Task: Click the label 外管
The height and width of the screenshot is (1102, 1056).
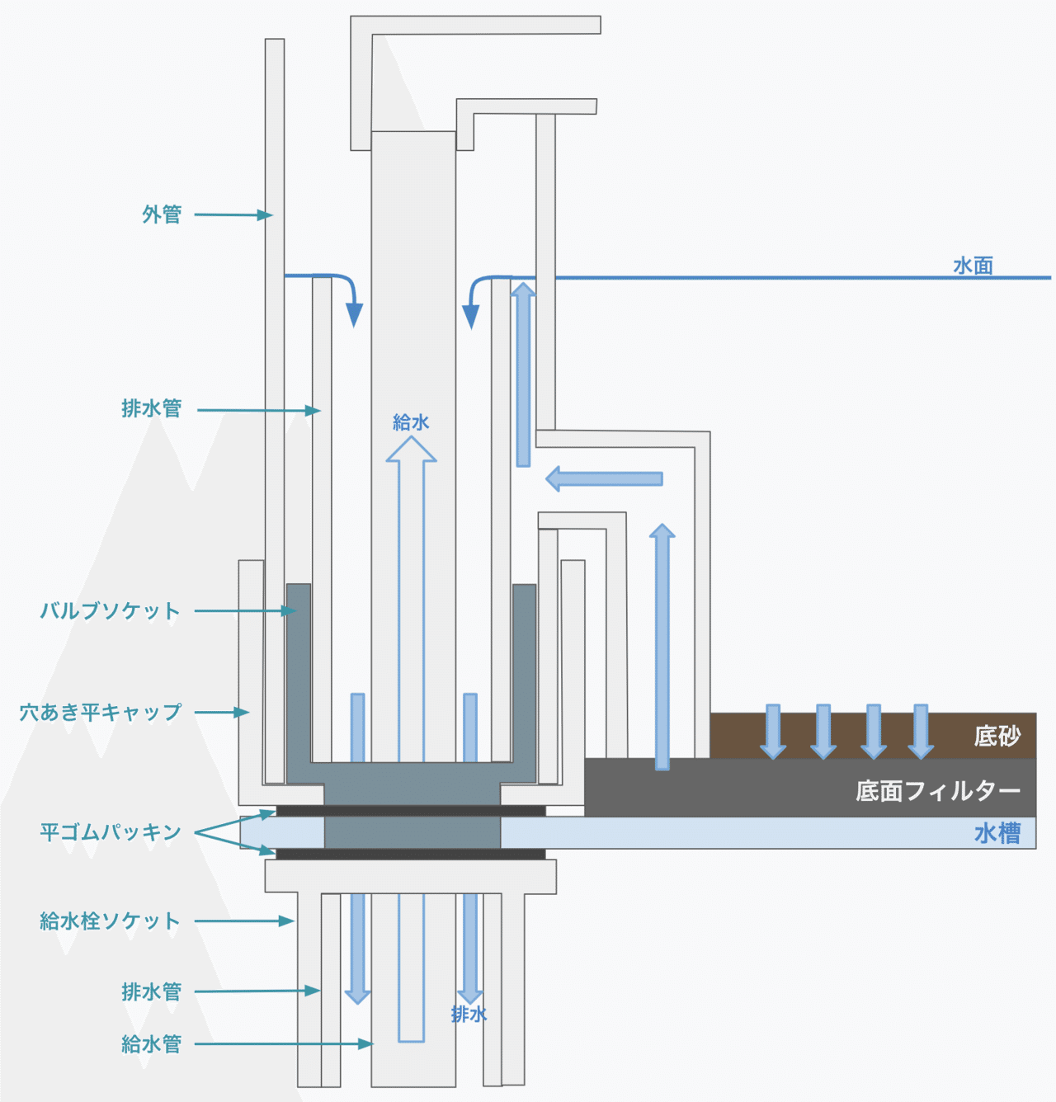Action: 162,214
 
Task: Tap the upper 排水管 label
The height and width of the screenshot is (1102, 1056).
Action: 151,408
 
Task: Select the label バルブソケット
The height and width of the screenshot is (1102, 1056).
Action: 110,611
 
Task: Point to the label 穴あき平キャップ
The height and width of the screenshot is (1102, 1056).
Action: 101,712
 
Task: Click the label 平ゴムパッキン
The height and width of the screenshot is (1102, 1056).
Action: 111,832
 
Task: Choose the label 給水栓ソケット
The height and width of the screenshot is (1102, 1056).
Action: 110,921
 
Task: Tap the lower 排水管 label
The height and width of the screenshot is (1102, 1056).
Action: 151,991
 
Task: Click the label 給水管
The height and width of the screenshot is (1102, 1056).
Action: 151,1044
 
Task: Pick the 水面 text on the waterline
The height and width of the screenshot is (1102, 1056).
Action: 973,266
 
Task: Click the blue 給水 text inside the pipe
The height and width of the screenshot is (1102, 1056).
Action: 411,422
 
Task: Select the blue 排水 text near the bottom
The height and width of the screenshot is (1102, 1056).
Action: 469,1015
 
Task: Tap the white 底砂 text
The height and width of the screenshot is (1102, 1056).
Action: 997,736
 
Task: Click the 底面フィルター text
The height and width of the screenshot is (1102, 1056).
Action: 938,791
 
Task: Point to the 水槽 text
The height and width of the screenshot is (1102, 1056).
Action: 997,833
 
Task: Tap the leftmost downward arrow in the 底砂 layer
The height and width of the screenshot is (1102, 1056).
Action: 773,731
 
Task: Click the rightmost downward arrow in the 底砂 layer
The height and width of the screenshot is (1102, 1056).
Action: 921,731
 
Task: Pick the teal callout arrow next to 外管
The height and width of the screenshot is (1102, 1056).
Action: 233,215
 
